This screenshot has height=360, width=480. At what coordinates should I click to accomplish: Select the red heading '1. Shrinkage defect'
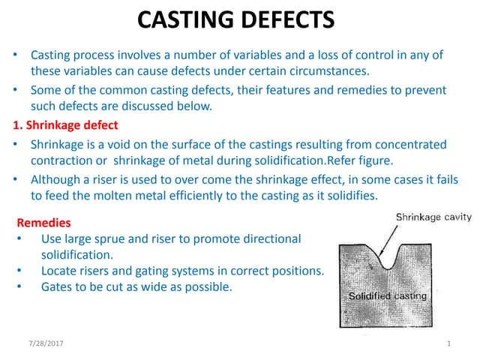point(65,124)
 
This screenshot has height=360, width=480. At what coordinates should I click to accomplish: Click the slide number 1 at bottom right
point(447,343)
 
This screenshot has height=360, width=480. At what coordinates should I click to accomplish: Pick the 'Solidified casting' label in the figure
point(388,295)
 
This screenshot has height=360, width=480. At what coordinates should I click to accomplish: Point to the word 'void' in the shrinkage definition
point(121,144)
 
